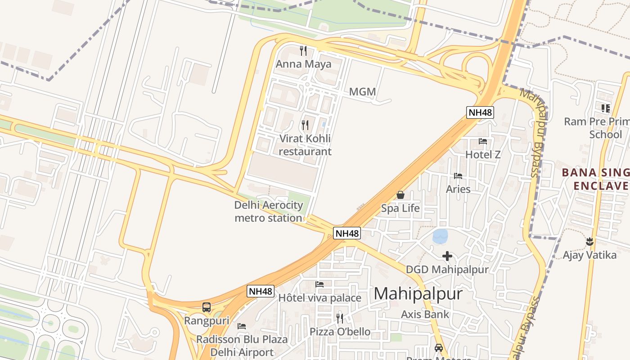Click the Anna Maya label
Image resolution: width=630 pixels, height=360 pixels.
click(303, 64)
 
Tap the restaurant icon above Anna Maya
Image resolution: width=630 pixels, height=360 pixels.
click(303, 50)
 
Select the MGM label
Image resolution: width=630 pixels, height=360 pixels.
click(362, 92)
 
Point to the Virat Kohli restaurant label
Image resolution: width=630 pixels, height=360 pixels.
click(305, 145)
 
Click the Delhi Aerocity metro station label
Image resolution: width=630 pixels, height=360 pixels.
click(269, 211)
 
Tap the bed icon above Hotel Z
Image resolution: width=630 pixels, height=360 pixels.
click(483, 141)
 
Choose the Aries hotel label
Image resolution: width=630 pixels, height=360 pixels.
click(458, 189)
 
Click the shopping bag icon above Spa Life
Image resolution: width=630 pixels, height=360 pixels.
click(400, 195)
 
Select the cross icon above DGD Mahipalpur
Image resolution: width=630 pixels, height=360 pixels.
click(447, 256)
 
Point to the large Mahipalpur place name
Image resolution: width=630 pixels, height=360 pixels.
click(418, 294)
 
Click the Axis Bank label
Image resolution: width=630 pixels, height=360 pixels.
click(425, 314)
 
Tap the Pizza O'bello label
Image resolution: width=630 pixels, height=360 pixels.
click(340, 332)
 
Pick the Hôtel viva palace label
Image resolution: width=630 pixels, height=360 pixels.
click(319, 298)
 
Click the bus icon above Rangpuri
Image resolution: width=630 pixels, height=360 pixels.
click(207, 307)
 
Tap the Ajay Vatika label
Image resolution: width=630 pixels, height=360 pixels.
click(589, 255)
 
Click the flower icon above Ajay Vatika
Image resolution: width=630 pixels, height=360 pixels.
click(589, 242)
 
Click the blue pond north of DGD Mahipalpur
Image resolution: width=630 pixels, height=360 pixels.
click(440, 235)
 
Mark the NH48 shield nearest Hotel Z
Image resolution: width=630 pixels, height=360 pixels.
click(480, 112)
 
